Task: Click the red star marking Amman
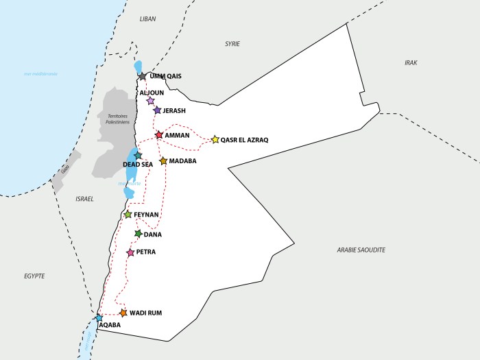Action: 159,135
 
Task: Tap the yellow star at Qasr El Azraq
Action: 215,139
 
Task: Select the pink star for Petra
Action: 130,252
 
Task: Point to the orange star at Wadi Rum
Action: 123,313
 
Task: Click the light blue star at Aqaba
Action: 99,318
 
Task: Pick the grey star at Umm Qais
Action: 142,77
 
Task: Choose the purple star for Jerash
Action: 157,110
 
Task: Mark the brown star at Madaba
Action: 163,161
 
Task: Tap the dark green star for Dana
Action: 138,234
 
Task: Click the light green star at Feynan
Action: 128,215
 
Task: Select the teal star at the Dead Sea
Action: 138,156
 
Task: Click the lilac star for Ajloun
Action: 150,101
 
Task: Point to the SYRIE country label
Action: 232,44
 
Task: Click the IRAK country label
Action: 411,62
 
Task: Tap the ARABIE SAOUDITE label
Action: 361,250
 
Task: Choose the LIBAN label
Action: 147,19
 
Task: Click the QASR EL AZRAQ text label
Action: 244,140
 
